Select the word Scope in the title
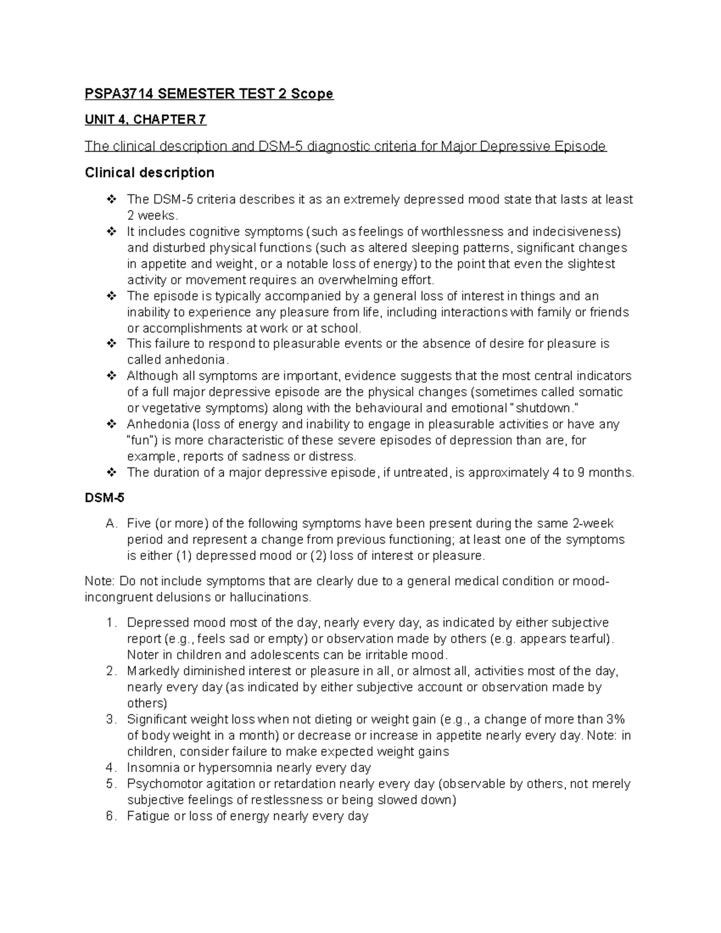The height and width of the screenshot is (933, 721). (311, 94)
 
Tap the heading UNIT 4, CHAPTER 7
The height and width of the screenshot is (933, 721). (145, 120)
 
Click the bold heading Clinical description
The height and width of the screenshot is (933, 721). (150, 173)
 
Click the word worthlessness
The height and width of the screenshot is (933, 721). (462, 232)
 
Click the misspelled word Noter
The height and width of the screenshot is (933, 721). (143, 655)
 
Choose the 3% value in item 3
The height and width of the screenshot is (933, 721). (615, 719)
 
